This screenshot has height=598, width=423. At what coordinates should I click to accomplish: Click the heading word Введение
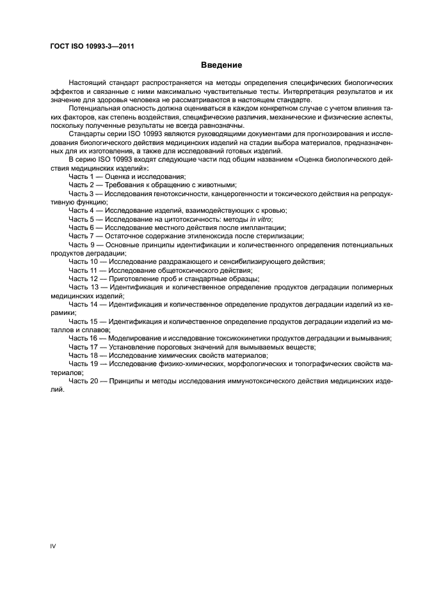[x=221, y=65]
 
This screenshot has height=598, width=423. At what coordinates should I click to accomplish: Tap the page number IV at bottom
[x=54, y=545]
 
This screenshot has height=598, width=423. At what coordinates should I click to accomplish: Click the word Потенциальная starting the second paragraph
[x=97, y=109]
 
